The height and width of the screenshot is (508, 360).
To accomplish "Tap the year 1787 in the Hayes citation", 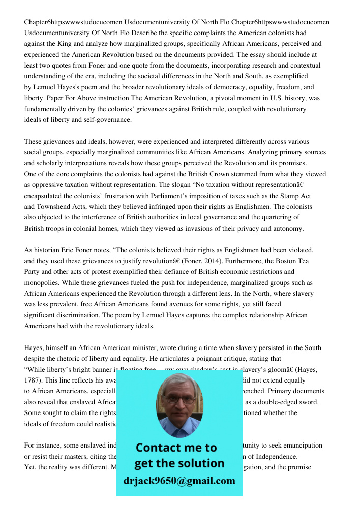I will [33, 380].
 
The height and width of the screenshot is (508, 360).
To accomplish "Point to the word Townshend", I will [56, 207].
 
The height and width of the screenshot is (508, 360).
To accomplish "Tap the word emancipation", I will [299, 446].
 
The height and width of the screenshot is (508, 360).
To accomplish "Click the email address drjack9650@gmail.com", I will [179, 481].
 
